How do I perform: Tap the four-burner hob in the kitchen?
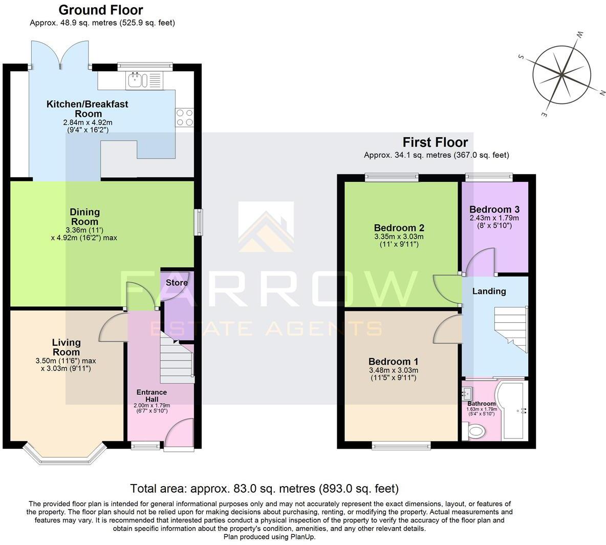(185, 117)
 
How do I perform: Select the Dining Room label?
(85, 217)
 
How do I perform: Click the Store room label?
(177, 283)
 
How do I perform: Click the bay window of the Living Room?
(63, 454)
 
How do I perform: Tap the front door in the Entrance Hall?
(179, 435)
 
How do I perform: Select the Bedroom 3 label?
(494, 209)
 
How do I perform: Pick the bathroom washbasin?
(467, 394)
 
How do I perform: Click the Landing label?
(489, 291)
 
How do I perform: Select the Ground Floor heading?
(101, 10)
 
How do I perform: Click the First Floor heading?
(435, 142)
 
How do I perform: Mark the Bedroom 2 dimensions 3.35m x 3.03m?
(399, 237)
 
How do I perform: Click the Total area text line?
(264, 488)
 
